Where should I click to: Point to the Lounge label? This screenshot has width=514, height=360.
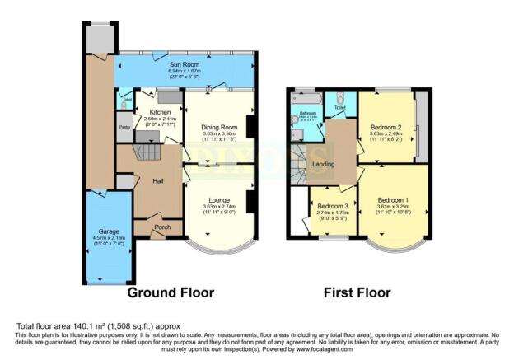tap(219, 200)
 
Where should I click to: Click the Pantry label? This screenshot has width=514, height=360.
tap(124, 128)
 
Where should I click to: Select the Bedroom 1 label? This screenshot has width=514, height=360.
tap(393, 200)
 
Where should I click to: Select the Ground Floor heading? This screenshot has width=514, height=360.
tap(170, 292)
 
